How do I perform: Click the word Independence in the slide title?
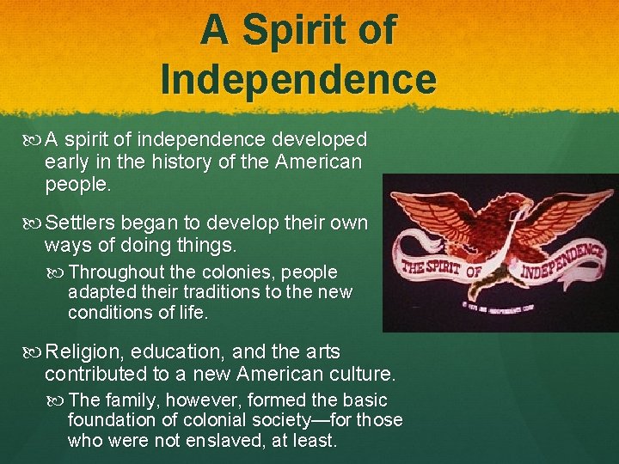(x=298, y=78)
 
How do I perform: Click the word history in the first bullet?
(x=174, y=162)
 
